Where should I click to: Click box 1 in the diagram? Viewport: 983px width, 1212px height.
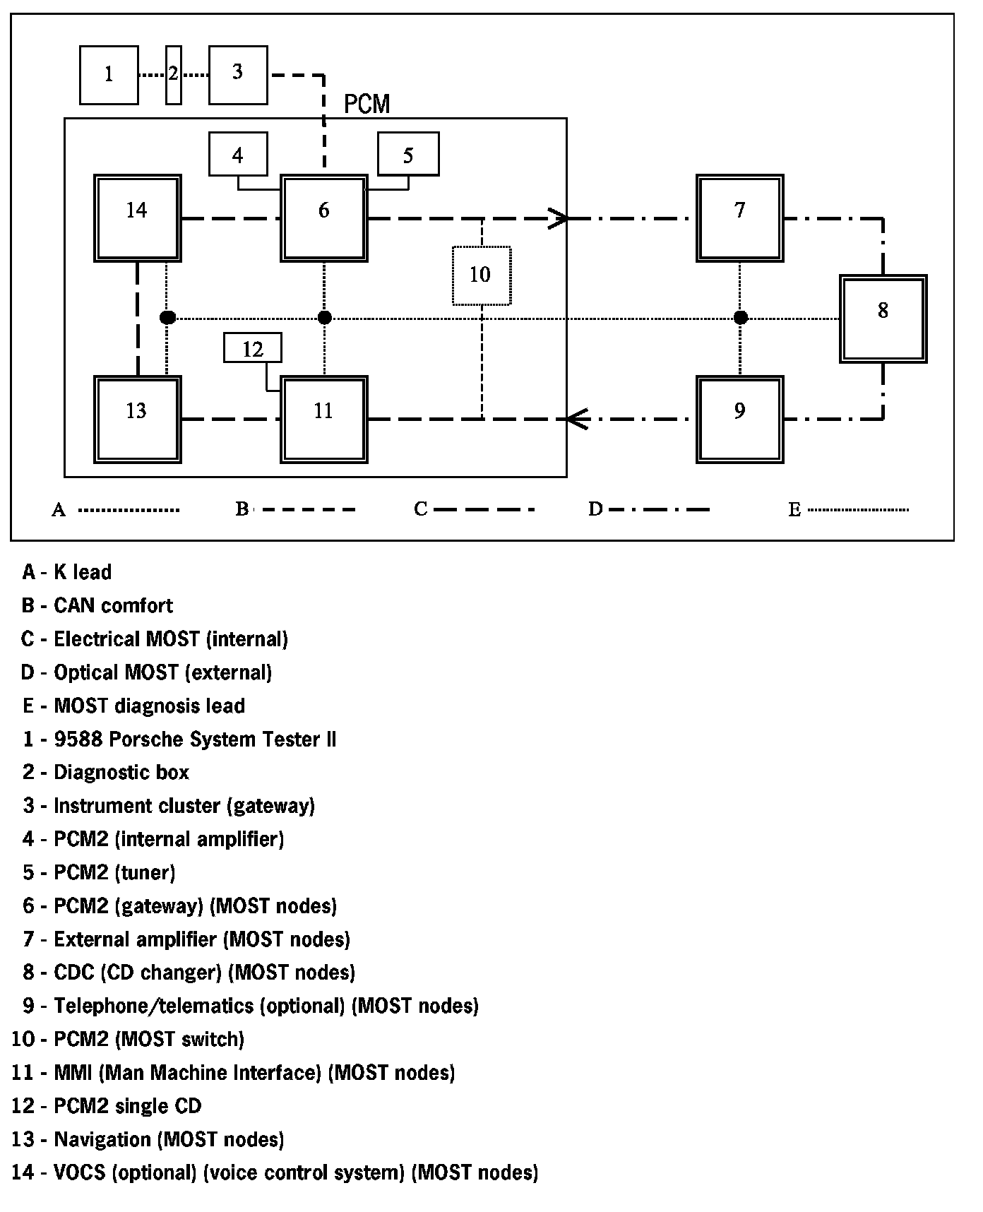(x=109, y=75)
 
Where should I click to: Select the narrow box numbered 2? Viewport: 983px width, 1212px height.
(x=173, y=75)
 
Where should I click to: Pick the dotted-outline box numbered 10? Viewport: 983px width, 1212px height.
(x=481, y=275)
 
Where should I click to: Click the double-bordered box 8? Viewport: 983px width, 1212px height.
(x=883, y=319)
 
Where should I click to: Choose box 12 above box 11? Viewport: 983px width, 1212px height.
(x=252, y=348)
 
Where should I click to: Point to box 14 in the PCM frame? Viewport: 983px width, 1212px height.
(x=138, y=218)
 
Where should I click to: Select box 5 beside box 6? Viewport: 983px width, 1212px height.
(x=408, y=154)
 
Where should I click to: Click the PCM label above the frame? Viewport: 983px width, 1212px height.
(x=367, y=105)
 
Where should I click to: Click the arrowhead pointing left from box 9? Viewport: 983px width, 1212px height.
(x=576, y=420)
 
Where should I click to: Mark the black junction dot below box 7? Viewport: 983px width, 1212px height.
(x=740, y=318)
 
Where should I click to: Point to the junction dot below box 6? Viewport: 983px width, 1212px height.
(x=324, y=318)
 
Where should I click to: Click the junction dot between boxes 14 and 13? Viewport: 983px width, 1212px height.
(x=167, y=318)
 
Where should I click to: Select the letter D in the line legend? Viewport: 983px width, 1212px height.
(x=595, y=509)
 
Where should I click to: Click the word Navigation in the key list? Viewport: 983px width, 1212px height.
(x=102, y=1139)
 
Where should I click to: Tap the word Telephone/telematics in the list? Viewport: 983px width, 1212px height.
(x=153, y=1006)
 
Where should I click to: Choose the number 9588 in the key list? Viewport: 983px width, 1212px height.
(x=76, y=739)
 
